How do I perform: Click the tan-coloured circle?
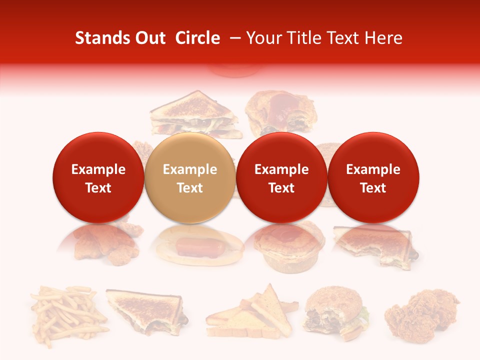pos(190,177)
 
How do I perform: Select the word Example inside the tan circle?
pos(190,169)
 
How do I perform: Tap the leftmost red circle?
pos(98,177)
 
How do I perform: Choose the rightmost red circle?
pos(373,177)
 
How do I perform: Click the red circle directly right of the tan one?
pos(281,177)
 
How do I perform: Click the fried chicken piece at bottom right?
pos(421,314)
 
